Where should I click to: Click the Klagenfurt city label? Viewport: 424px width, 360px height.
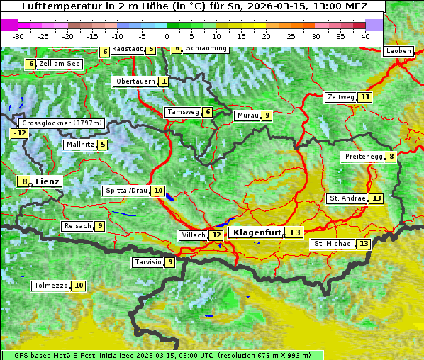point(257,232)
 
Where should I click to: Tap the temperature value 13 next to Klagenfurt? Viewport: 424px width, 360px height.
point(294,232)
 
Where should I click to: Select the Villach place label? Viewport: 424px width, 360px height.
point(193,235)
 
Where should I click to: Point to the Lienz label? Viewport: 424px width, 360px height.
point(47,181)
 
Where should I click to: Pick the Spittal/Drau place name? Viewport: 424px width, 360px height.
point(126,191)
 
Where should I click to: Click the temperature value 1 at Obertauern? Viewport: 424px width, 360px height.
point(164,81)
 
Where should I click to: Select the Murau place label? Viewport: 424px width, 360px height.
point(247,116)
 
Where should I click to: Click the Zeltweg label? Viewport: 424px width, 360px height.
point(340,97)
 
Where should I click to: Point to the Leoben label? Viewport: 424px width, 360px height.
point(398,51)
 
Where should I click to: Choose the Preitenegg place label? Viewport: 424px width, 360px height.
point(364,157)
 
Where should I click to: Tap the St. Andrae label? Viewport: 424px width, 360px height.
point(347,198)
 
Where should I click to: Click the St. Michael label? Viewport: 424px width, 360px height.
point(333,244)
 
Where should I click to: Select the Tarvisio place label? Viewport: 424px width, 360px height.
point(147,262)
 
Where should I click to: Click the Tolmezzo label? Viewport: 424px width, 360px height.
point(50,286)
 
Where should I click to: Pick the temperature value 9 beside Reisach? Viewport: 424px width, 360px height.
point(100,226)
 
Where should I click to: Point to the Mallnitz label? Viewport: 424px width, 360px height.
point(79,145)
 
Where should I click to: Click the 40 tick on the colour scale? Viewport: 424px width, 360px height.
point(365,36)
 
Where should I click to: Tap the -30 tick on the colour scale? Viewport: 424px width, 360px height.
point(18,36)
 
